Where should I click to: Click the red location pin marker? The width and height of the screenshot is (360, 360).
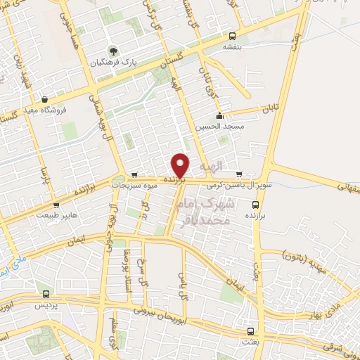[x=180, y=165]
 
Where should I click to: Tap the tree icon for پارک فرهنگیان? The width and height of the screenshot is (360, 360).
[x=110, y=51]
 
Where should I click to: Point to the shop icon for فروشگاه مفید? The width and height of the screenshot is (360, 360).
[x=45, y=99]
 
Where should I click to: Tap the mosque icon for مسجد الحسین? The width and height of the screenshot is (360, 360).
[x=220, y=116]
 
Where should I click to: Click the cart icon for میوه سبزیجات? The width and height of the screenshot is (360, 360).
[x=134, y=174]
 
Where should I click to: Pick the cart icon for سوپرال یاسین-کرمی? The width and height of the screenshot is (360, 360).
[x=240, y=174]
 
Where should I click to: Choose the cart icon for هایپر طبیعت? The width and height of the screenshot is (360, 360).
[x=56, y=205]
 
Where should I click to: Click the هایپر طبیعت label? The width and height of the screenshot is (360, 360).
[x=55, y=215]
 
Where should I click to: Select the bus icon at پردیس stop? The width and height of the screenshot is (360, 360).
[x=46, y=295]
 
